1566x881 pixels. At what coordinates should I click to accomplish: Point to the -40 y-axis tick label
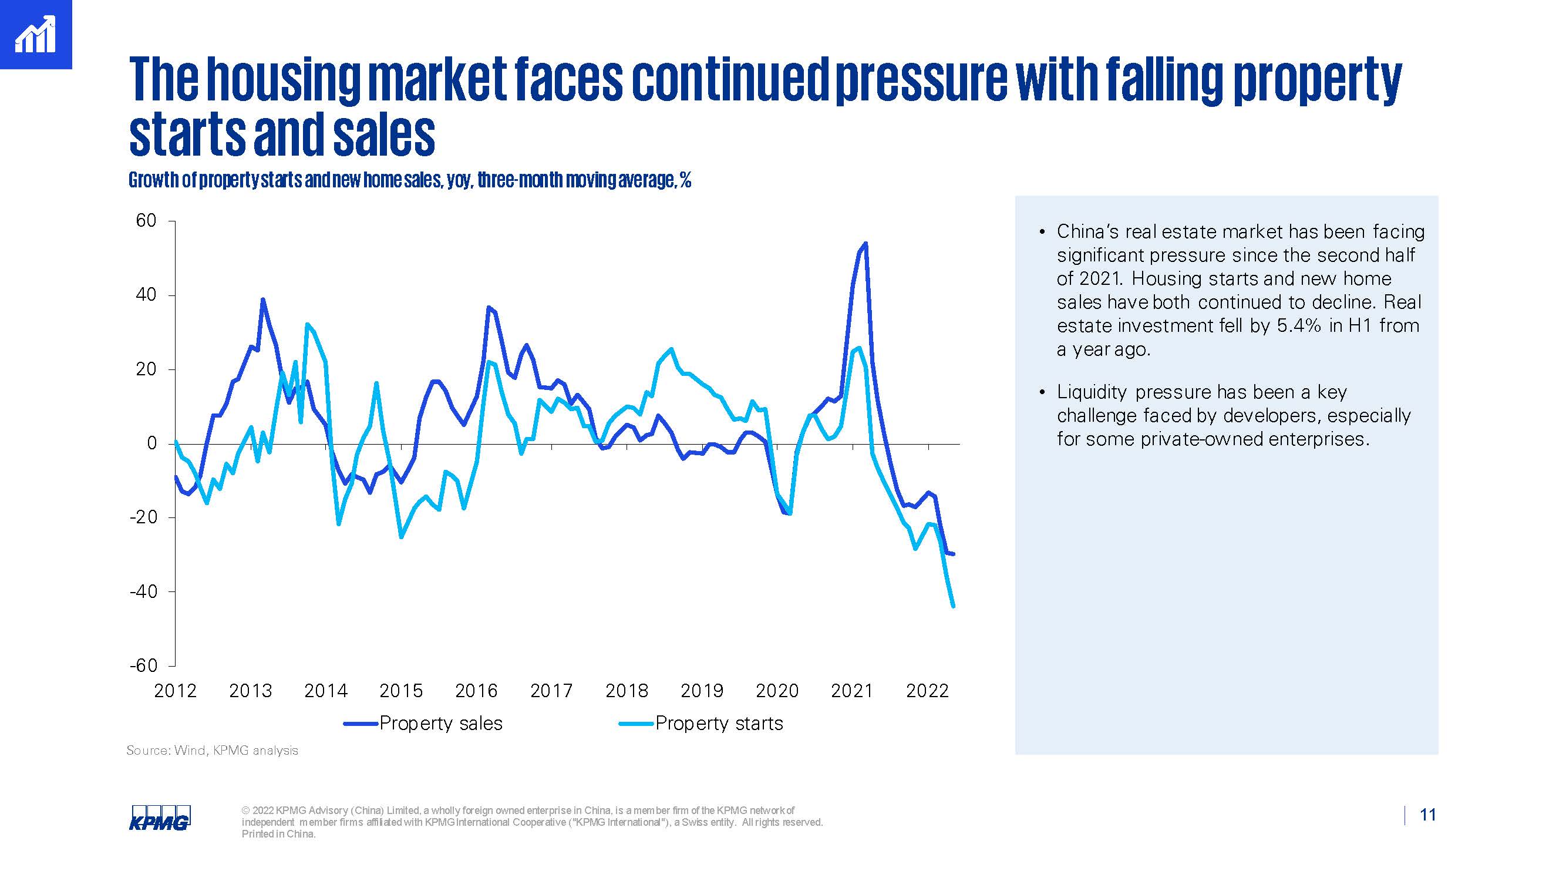(x=143, y=591)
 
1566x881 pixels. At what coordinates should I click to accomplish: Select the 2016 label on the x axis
(x=476, y=691)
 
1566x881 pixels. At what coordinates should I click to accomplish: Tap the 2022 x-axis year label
(x=927, y=691)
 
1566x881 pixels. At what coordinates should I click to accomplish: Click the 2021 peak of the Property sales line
(x=865, y=244)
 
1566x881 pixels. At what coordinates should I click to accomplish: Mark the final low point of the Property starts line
(x=952, y=606)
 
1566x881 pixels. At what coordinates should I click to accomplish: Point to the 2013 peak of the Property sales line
(x=262, y=299)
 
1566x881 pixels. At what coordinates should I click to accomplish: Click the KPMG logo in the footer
(x=159, y=818)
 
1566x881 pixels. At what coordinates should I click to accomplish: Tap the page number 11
(x=1427, y=815)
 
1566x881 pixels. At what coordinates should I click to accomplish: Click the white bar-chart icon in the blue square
(x=35, y=35)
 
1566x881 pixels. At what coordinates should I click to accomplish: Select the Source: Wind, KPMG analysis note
(x=212, y=751)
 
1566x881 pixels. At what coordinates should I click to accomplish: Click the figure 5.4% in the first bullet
(x=1298, y=326)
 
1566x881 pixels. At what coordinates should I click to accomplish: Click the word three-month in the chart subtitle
(x=520, y=180)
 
